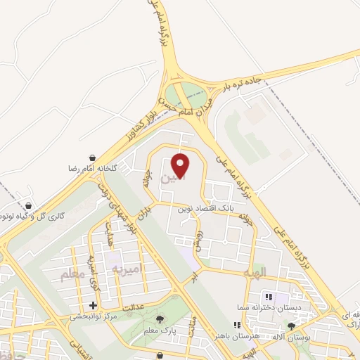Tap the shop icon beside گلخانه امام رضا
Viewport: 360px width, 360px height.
pyautogui.click(x=93, y=159)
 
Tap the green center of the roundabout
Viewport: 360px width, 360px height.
pyautogui.click(x=188, y=93)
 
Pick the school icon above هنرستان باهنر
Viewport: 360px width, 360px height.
pyautogui.click(x=238, y=325)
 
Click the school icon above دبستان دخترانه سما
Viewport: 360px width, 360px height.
pyautogui.click(x=268, y=295)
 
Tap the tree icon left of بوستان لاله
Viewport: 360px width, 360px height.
pyautogui.click(x=292, y=326)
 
